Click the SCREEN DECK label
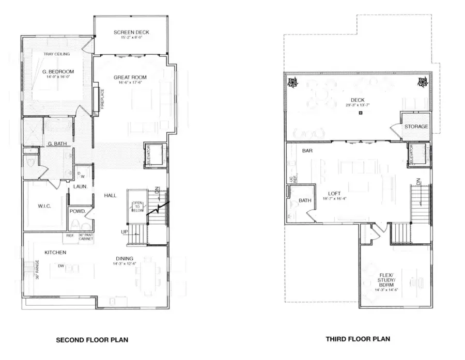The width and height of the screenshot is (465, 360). tap(131, 33)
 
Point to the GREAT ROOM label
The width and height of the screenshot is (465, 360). tap(128, 77)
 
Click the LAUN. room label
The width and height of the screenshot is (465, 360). tap(79, 186)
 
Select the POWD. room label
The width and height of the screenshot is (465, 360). tap(78, 211)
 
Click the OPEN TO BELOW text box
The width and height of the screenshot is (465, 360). tap(137, 207)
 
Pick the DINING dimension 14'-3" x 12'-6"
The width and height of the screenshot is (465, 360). tap(125, 264)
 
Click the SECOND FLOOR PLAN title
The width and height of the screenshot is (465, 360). tap(91, 340)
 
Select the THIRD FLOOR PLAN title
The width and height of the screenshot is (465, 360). tap(358, 339)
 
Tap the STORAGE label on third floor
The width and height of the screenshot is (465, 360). tap(416, 127)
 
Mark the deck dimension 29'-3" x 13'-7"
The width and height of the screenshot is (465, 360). tap(357, 105)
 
